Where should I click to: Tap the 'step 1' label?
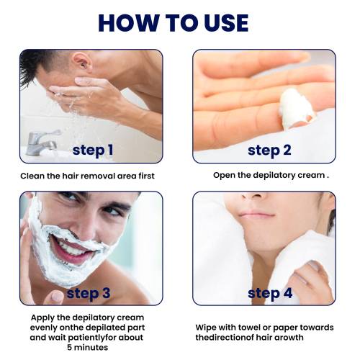click(93, 150)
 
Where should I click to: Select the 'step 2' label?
click(269, 150)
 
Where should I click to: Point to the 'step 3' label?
click(89, 294)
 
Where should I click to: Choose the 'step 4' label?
click(270, 294)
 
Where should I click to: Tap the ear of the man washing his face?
click(82, 62)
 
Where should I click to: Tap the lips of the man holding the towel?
click(256, 214)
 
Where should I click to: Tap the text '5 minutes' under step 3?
click(88, 347)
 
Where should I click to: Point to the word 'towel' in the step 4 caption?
click(246, 328)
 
